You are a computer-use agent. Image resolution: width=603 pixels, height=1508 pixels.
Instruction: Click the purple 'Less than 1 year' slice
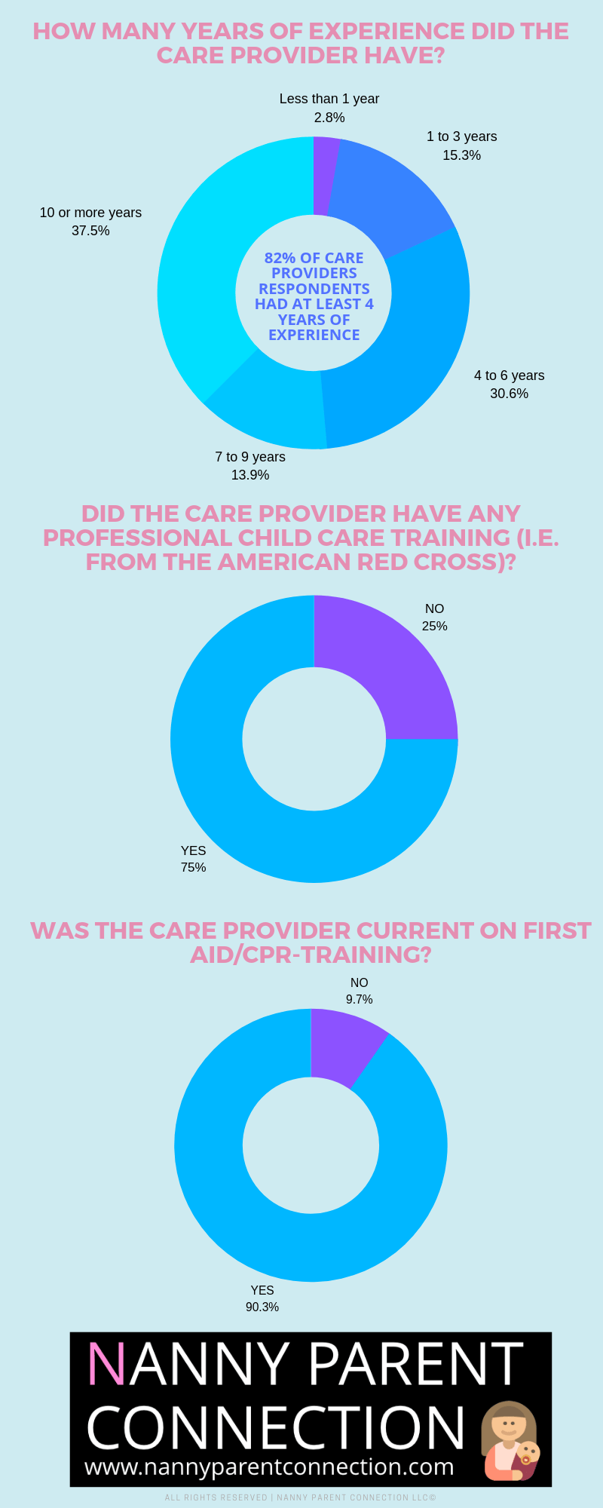click(325, 175)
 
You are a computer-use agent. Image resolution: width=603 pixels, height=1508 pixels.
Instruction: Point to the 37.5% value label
click(90, 231)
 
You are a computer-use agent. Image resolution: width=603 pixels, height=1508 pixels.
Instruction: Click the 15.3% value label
click(461, 155)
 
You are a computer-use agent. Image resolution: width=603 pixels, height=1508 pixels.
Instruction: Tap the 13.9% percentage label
click(250, 475)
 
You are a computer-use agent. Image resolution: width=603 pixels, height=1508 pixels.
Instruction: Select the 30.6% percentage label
click(510, 394)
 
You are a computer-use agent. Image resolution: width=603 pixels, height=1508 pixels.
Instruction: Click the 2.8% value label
click(329, 118)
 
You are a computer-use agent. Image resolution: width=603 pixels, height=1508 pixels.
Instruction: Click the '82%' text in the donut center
click(280, 258)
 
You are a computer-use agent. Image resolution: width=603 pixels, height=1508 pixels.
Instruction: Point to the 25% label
click(435, 626)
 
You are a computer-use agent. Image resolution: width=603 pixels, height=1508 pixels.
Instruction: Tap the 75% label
click(193, 867)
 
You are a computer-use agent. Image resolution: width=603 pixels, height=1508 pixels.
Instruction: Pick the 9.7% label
click(360, 999)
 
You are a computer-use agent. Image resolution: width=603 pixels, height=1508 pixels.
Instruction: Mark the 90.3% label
click(262, 1307)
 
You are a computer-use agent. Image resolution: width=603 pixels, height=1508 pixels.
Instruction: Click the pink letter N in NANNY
click(106, 1363)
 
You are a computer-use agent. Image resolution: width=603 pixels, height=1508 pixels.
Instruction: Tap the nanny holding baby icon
click(510, 1441)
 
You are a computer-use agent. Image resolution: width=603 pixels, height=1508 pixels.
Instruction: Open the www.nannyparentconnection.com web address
click(269, 1467)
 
